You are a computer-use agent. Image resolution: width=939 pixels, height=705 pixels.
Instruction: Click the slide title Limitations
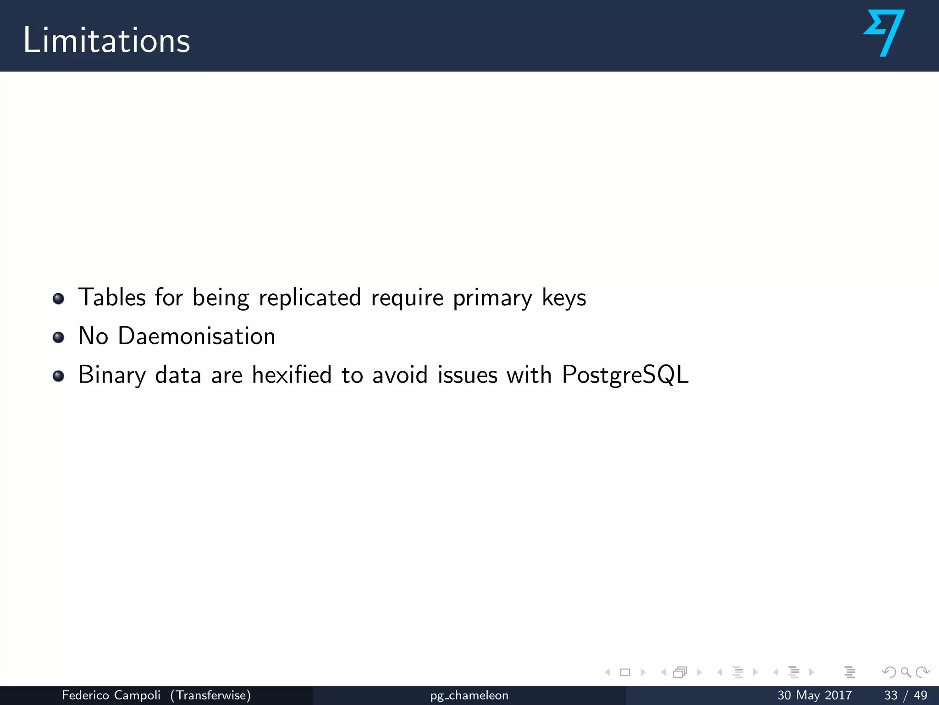[x=106, y=40]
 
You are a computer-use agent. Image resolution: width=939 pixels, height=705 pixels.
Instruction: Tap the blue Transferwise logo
[x=884, y=33]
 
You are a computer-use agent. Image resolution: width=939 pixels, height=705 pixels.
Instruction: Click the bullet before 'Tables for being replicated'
[x=58, y=299]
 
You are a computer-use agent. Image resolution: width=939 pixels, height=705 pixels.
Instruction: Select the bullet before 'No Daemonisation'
[x=58, y=337]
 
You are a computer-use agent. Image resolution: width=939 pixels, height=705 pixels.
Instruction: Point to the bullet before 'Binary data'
[x=58, y=376]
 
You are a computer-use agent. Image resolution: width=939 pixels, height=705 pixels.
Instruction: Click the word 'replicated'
[x=310, y=297]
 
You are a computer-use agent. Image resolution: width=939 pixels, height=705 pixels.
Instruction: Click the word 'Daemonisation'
[x=196, y=336]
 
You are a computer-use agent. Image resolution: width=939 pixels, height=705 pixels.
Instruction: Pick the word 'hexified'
[x=292, y=375]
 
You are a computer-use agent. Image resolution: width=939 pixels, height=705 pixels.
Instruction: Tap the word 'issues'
[x=467, y=375]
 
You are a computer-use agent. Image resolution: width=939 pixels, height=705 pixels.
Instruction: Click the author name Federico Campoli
[x=111, y=695]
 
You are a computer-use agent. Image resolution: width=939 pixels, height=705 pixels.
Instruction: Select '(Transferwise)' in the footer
[x=210, y=695]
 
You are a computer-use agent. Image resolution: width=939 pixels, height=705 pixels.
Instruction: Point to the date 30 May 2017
[x=814, y=695]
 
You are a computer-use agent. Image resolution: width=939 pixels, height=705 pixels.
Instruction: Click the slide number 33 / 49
[x=905, y=695]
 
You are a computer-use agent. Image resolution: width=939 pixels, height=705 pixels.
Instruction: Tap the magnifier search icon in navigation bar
[x=906, y=672]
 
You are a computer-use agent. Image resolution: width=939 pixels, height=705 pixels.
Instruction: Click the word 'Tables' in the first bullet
[x=112, y=297]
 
